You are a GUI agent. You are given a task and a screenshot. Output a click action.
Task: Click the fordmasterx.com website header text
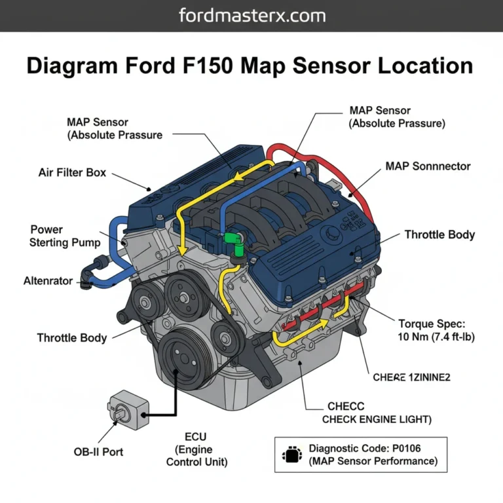point(251,16)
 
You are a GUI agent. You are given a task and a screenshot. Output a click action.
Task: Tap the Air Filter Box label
point(72,174)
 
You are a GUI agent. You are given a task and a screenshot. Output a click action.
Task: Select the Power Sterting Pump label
point(65,236)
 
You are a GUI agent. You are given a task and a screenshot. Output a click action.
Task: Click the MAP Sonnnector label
point(428,166)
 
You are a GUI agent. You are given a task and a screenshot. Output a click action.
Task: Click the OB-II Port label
point(98,452)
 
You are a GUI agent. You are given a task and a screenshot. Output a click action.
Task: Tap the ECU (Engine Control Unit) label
point(196,449)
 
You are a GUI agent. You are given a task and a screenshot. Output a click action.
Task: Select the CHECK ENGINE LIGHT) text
point(377,419)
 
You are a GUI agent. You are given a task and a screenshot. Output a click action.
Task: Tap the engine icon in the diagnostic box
point(289,455)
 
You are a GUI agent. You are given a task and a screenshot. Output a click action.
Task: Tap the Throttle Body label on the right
point(439,234)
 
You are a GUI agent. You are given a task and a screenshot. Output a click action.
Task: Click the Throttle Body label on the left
point(72,338)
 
